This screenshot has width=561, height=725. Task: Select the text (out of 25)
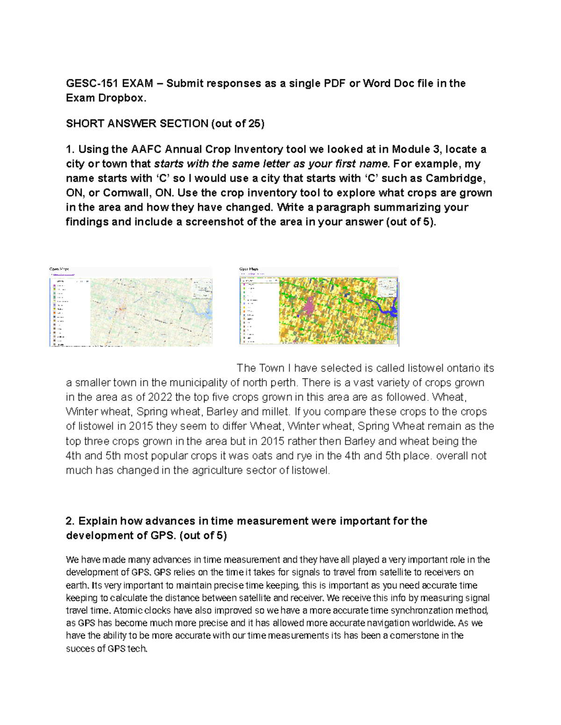(237, 124)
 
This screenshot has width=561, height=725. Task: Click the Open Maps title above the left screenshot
(59, 269)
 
